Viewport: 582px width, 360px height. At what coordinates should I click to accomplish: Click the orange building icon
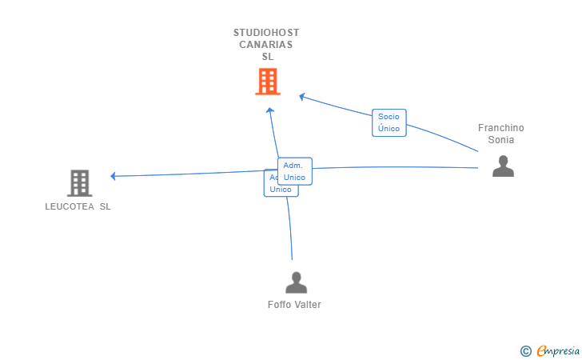(268, 82)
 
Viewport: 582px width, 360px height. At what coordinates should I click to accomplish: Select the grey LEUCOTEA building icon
(79, 183)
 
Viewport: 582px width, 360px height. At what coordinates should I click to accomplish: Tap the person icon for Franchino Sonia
(503, 166)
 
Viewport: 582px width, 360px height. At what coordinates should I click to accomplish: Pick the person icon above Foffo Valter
(296, 282)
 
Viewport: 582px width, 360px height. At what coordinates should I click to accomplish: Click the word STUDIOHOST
(266, 33)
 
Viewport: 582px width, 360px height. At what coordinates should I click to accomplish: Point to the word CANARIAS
(266, 45)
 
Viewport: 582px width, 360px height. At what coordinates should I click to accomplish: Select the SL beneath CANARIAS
(267, 57)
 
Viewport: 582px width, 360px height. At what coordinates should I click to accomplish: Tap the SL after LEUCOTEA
(105, 206)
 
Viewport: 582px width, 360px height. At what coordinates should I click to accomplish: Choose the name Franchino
(501, 128)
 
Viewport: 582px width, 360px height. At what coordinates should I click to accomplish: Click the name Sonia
(501, 140)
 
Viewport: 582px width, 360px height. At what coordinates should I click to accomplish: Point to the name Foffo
(279, 305)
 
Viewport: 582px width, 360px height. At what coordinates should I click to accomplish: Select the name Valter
(308, 305)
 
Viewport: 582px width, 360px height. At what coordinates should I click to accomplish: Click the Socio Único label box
(389, 122)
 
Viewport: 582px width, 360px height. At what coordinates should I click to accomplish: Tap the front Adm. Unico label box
(294, 171)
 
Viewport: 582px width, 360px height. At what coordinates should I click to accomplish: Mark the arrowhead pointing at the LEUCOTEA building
(114, 176)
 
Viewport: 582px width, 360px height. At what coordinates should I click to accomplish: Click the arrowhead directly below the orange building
(270, 110)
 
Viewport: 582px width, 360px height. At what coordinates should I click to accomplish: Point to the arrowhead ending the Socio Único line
(302, 97)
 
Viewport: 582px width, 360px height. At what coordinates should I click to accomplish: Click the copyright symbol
(525, 350)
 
